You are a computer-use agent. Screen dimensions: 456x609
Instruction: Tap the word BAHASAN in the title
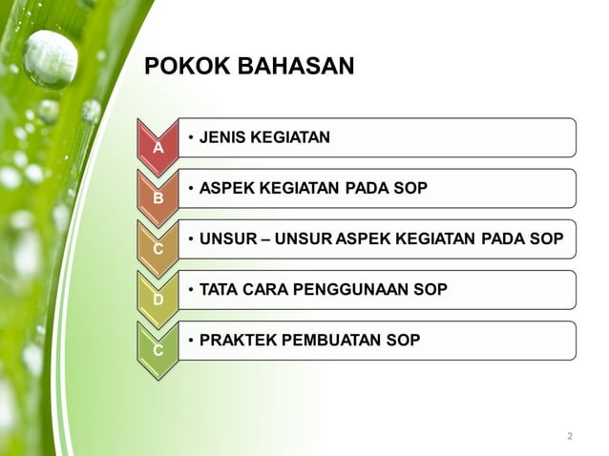click(x=285, y=67)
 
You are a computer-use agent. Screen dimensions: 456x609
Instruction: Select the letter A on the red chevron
click(x=158, y=148)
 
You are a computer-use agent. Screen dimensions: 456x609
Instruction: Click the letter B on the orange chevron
click(x=158, y=198)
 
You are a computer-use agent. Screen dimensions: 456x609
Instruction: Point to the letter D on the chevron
click(x=158, y=300)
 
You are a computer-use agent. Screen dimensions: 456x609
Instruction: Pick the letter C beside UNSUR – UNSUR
click(x=158, y=249)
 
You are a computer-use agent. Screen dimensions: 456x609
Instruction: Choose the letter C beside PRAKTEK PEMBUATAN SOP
click(x=158, y=350)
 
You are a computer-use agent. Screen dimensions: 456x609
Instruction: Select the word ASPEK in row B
click(x=225, y=188)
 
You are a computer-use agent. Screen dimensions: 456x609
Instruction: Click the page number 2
click(x=570, y=436)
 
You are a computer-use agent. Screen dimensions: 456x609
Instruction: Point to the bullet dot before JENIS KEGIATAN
click(x=192, y=137)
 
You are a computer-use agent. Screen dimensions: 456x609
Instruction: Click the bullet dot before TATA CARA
click(x=192, y=289)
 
